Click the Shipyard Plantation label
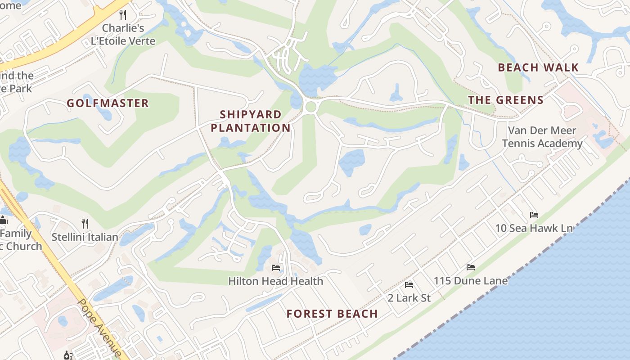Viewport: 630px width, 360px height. (251, 121)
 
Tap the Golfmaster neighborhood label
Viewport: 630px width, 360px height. (108, 103)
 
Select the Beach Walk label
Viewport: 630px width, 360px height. (538, 67)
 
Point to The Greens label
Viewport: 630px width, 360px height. (506, 100)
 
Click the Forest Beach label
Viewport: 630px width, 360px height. (332, 314)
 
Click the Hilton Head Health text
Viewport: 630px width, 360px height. (275, 281)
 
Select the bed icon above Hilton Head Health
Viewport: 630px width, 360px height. (276, 268)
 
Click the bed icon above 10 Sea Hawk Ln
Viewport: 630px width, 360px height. (534, 215)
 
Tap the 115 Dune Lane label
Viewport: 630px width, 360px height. (470, 281)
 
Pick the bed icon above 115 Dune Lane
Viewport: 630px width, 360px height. (471, 267)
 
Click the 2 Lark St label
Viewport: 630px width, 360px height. (409, 298)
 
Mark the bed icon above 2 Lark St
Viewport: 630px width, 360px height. (409, 285)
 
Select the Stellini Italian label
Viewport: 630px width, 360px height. (85, 237)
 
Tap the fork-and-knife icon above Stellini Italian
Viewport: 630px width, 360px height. (85, 223)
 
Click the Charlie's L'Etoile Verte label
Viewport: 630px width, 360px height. (123, 35)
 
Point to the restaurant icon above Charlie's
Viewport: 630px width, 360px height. (123, 14)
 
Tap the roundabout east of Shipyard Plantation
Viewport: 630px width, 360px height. (310, 107)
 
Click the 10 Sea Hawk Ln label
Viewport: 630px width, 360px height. (534, 228)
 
